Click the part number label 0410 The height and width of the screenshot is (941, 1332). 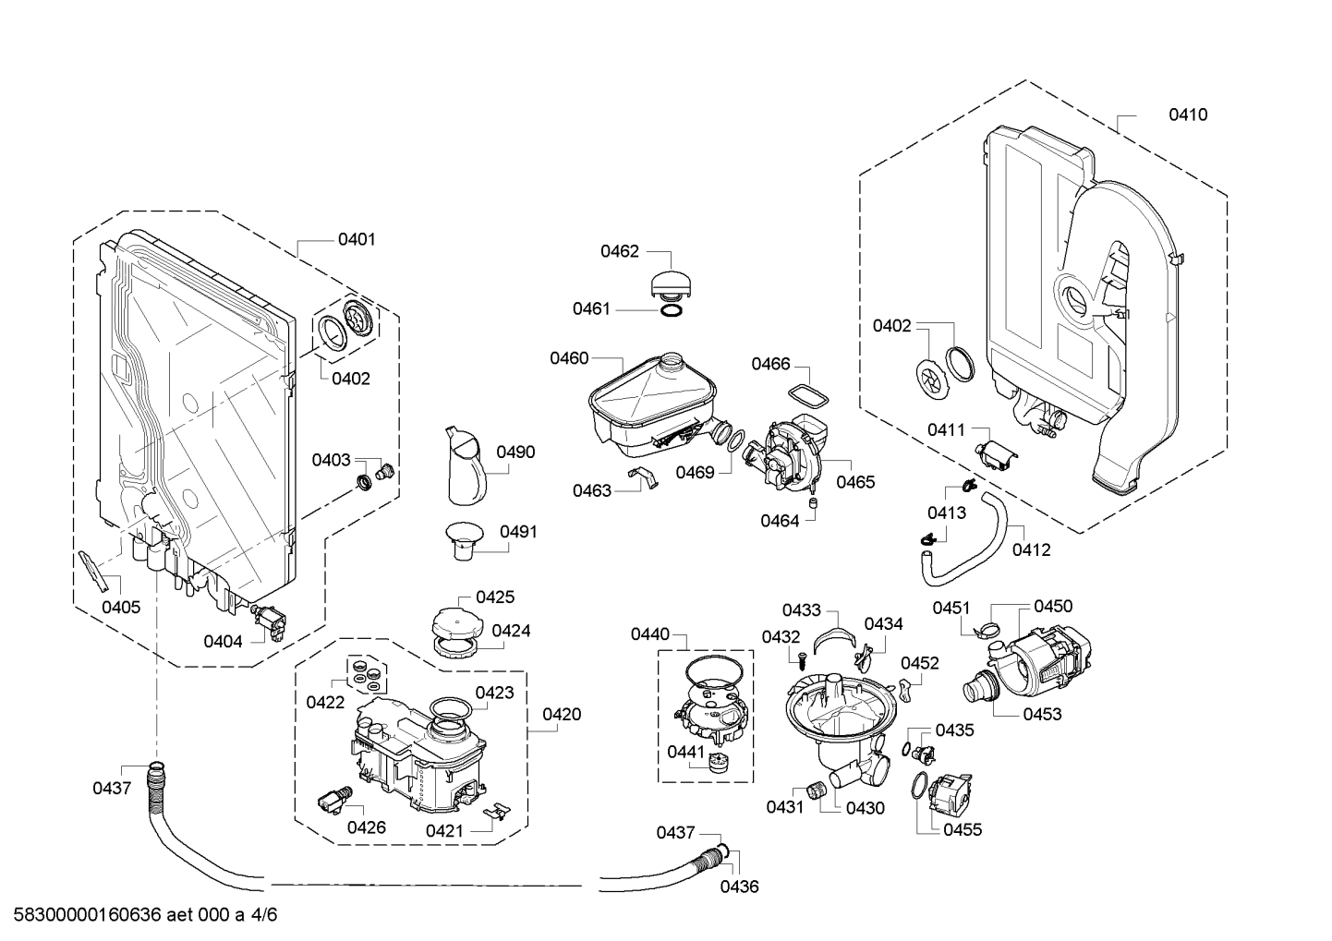(1187, 115)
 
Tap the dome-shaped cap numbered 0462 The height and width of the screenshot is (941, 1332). (672, 282)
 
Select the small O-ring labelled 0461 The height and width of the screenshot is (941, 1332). (672, 311)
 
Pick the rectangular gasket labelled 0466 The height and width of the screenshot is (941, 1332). (808, 396)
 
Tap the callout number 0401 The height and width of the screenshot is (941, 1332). (356, 240)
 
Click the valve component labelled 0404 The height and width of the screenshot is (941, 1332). (272, 619)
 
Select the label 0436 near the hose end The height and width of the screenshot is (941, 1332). (739, 887)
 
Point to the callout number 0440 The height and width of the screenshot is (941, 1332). (649, 634)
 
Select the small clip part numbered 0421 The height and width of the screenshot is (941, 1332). (497, 810)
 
